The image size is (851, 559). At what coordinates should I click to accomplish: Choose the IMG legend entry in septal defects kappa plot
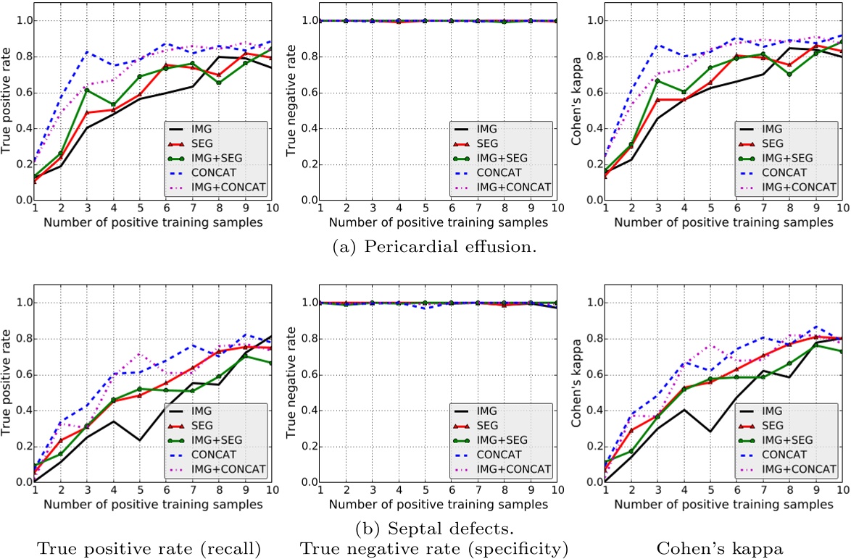784,409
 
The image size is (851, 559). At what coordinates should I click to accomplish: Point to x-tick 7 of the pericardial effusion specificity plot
478,209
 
